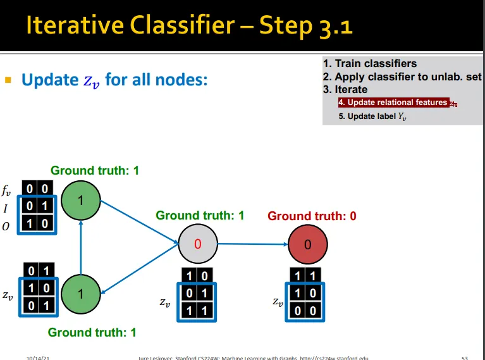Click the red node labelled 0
tap(307, 244)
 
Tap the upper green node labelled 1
tap(81, 201)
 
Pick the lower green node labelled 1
tap(81, 294)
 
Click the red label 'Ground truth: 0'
tap(312, 216)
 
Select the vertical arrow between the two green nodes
tap(81, 247)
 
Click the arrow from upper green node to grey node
tap(139, 221)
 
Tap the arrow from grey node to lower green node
tap(139, 268)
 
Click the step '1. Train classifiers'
tap(370, 63)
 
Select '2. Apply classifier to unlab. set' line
tap(402, 77)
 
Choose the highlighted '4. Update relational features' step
tap(392, 102)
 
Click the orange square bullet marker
tap(8, 80)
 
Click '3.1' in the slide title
tap(331, 25)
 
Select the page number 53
tap(465, 357)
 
